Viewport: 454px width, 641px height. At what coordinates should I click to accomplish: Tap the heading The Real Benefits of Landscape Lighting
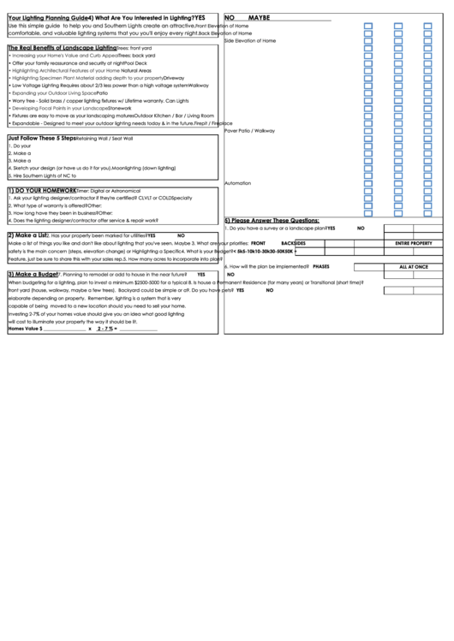[x=62, y=49]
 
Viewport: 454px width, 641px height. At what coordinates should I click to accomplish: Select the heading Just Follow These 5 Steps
[x=41, y=138]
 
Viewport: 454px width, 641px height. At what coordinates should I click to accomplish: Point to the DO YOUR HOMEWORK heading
[x=43, y=190]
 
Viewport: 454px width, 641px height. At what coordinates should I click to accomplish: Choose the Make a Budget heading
[x=33, y=274]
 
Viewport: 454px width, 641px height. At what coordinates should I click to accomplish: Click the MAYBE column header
[x=259, y=17]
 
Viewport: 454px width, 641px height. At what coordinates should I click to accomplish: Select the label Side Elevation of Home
[x=249, y=41]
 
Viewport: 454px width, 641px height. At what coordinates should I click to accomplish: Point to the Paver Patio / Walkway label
[x=249, y=130]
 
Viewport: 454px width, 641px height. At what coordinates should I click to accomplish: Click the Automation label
[x=237, y=183]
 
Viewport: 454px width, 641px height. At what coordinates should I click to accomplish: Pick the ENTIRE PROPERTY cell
[x=413, y=243]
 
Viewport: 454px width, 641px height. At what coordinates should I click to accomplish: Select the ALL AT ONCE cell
[x=413, y=266]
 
